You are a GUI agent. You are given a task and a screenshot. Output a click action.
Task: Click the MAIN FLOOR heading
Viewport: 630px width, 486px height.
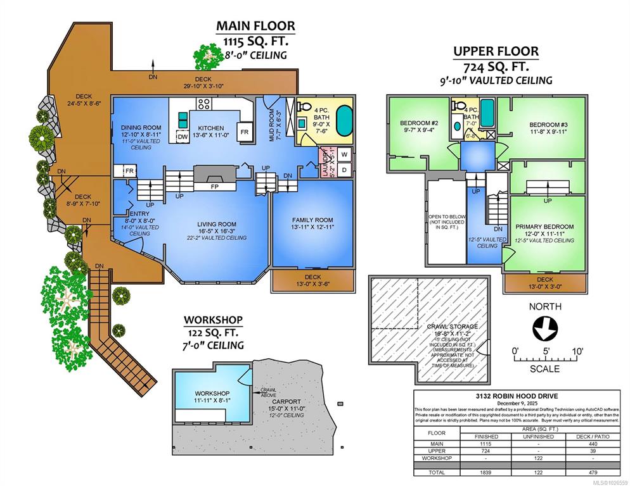[x=255, y=26]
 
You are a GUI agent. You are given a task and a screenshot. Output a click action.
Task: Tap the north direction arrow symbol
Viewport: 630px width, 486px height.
[x=544, y=329]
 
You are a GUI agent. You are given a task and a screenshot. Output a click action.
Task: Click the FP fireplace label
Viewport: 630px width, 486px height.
[x=215, y=187]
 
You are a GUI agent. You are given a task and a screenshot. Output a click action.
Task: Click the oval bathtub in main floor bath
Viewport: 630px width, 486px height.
[x=343, y=120]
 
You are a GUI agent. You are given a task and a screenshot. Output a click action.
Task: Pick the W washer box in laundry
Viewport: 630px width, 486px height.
[x=344, y=154]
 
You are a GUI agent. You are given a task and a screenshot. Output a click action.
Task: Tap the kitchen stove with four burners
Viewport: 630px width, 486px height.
[x=205, y=103]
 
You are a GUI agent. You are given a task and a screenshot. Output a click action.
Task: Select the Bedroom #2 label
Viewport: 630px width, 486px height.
[x=419, y=123]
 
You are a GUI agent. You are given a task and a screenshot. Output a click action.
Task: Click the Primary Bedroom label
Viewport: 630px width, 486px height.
[x=544, y=227]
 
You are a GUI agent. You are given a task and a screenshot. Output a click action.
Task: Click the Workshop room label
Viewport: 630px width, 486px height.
[x=212, y=393]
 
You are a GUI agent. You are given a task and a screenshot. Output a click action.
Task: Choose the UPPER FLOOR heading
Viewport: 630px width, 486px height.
[x=496, y=51]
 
